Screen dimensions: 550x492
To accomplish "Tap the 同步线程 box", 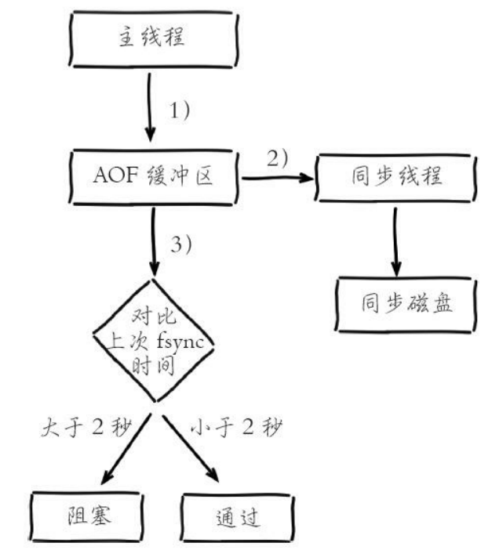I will [395, 178].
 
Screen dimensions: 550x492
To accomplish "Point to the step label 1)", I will [180, 110].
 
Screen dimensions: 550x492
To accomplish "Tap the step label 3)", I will [180, 244].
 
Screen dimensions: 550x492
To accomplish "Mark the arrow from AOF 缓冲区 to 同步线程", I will [276, 179].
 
